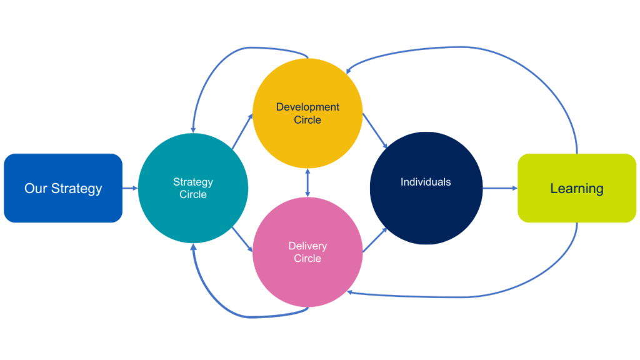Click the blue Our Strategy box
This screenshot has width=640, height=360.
point(63,187)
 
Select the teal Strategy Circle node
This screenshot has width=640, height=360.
point(192,187)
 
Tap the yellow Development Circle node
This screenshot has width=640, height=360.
point(307,112)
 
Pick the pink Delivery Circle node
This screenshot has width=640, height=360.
point(307,252)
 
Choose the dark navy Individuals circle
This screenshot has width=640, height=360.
point(426,187)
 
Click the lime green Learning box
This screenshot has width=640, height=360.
point(577,187)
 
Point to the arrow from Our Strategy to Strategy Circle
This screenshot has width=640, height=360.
point(130,187)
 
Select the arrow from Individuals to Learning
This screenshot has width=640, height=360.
point(499,187)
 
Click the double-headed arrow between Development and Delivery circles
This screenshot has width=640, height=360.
point(307,182)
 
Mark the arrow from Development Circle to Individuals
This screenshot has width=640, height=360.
point(375,132)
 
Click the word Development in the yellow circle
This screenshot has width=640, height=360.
point(307,107)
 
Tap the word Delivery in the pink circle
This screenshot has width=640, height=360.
point(307,246)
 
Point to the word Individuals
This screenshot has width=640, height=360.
point(426,182)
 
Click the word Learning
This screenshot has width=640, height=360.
point(577,188)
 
